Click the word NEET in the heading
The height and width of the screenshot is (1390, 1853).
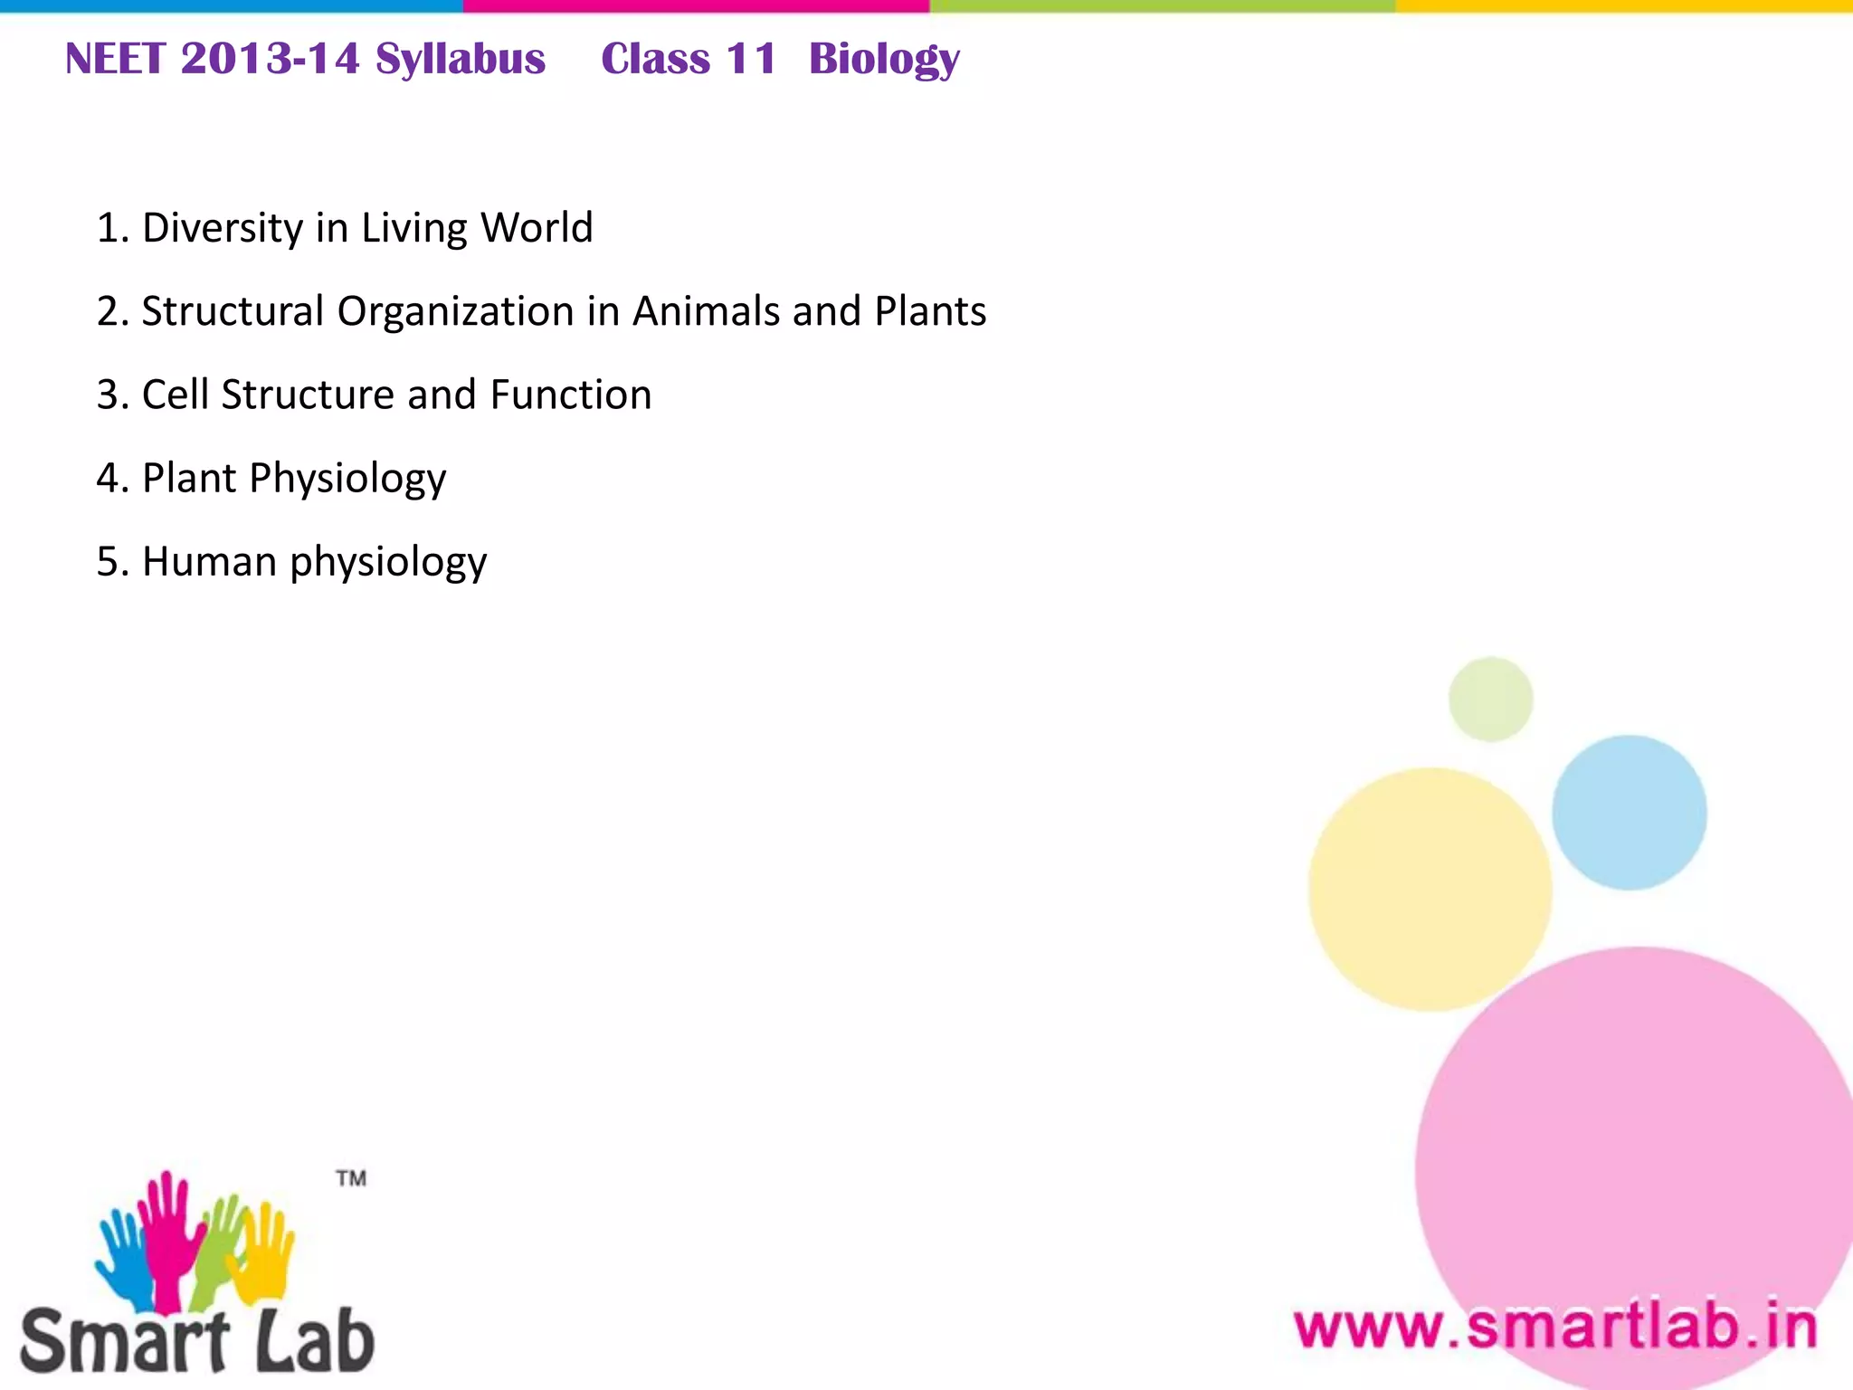tap(115, 60)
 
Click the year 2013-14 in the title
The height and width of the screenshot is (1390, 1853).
tap(270, 60)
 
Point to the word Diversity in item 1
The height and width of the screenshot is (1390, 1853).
tap(223, 228)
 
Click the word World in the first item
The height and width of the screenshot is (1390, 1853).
tap(537, 228)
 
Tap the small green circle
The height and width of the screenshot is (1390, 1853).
tap(1490, 700)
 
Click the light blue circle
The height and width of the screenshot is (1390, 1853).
tap(1630, 813)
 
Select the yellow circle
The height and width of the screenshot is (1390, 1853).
tap(1430, 890)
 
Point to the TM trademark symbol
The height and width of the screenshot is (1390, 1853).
tap(351, 1178)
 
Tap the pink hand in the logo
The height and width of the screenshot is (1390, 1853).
tap(167, 1231)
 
